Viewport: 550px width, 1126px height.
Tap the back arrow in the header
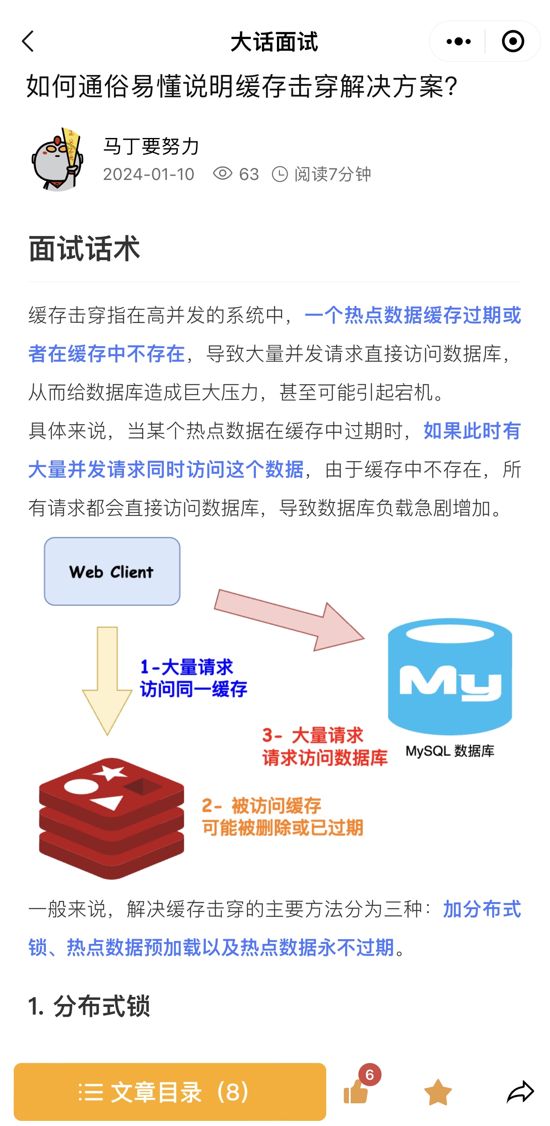tap(28, 42)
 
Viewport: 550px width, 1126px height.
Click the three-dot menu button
tap(458, 42)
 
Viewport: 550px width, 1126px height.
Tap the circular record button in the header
tap(512, 42)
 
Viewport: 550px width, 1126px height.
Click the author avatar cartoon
tap(57, 159)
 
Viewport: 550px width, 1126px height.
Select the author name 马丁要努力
tap(151, 146)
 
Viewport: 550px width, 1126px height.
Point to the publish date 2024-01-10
tap(149, 174)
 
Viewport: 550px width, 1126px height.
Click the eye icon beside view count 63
tap(222, 174)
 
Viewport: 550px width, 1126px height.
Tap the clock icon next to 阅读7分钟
tap(280, 174)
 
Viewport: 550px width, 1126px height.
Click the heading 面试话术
tap(84, 248)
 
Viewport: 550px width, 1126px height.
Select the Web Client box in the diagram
tap(112, 571)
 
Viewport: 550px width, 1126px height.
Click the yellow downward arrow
tap(107, 681)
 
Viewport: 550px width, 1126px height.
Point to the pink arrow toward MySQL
tap(289, 620)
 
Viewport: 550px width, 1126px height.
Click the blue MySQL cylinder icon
tap(450, 676)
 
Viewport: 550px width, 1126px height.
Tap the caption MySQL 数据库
tap(450, 751)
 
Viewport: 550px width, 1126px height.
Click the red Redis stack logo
tap(111, 818)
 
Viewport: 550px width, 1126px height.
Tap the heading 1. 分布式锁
tap(89, 1006)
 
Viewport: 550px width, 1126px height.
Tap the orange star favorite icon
tap(438, 1091)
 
